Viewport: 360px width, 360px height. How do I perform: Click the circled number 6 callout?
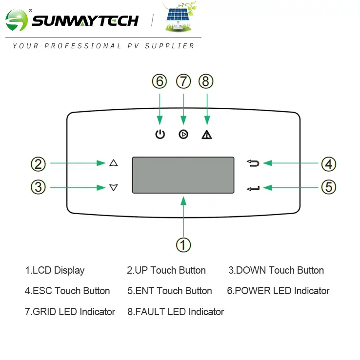(160, 81)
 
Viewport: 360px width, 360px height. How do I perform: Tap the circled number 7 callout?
(183, 81)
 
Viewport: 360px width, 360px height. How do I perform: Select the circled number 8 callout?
(206, 81)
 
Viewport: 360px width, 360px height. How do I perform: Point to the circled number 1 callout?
(183, 245)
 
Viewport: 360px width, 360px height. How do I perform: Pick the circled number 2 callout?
(38, 164)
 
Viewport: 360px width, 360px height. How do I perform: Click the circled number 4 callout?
(329, 164)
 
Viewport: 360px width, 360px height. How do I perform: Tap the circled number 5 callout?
(329, 187)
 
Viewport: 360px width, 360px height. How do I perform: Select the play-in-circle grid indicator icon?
(183, 134)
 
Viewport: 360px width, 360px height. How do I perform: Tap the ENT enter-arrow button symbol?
(253, 189)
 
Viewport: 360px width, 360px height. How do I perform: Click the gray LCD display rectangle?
(183, 175)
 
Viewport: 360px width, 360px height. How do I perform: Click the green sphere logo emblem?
(17, 20)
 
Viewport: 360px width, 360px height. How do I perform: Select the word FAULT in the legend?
(150, 312)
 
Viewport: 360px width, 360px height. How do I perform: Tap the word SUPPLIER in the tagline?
(170, 46)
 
